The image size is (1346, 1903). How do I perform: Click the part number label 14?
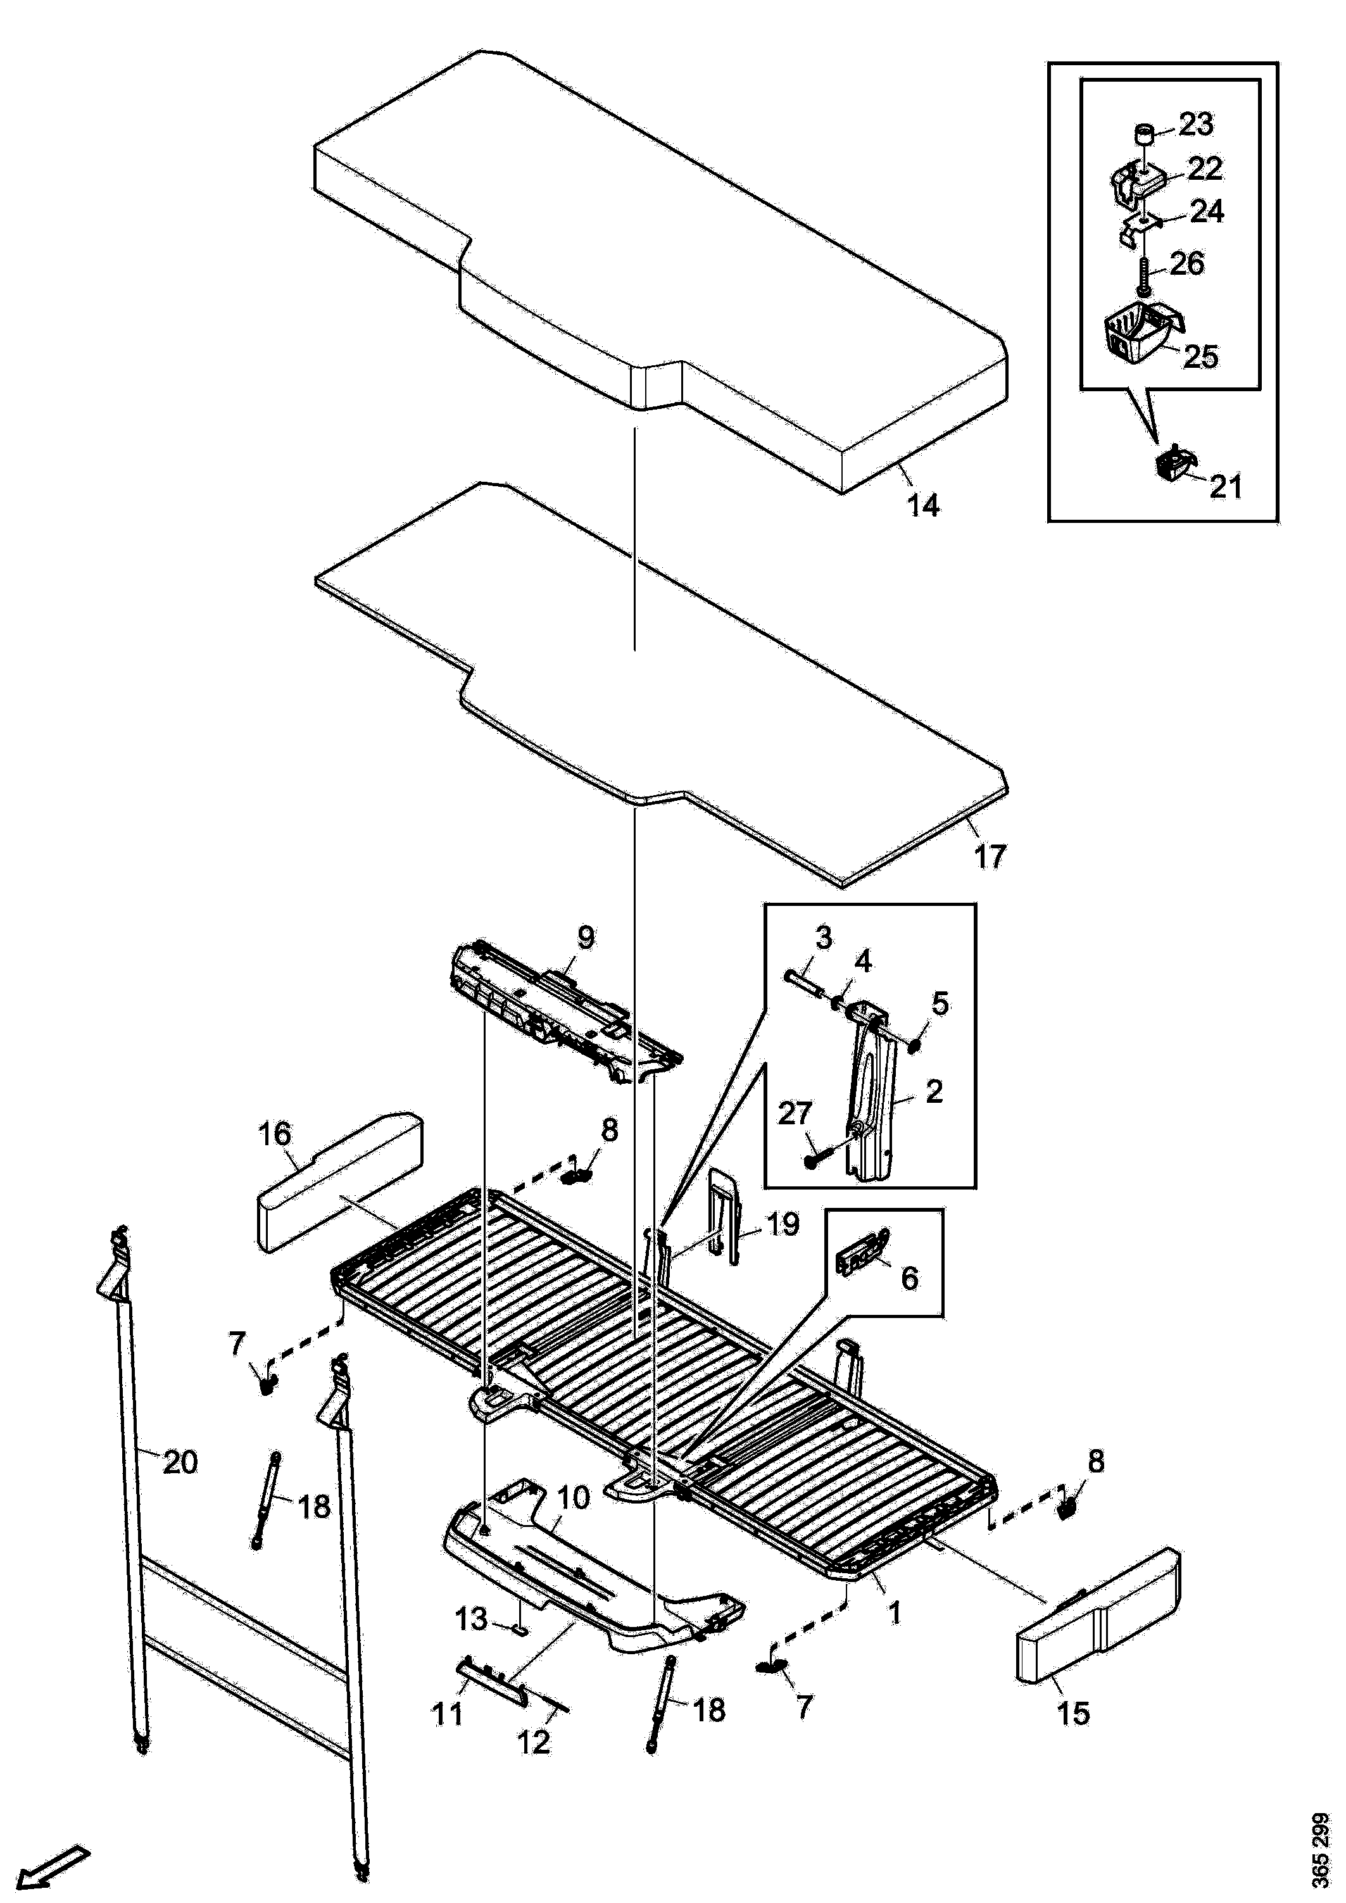tap(923, 504)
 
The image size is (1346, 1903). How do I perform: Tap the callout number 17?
tap(989, 855)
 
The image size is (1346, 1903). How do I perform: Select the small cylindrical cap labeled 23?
tap(1145, 134)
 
